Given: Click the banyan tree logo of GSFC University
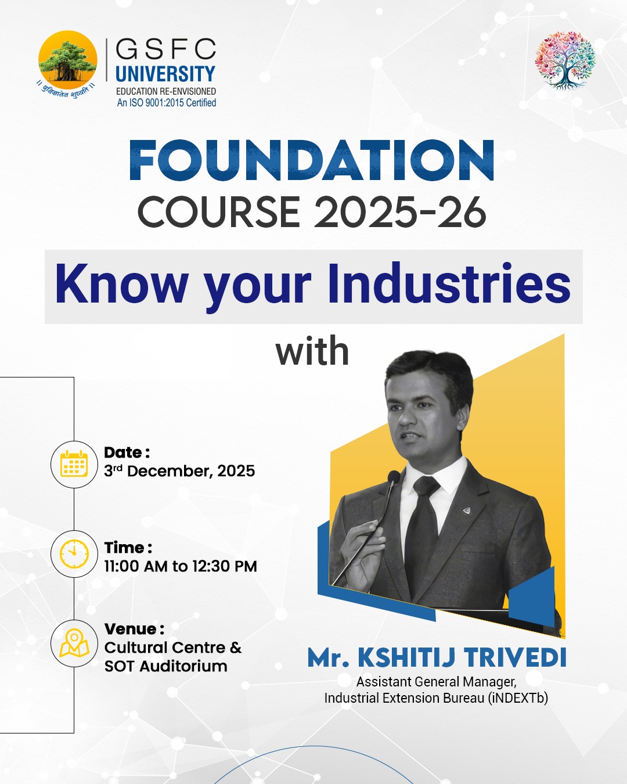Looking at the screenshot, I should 67,60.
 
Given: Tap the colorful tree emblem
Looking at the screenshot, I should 565,60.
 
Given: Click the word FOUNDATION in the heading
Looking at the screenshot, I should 312,161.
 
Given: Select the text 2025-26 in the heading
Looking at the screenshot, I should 400,211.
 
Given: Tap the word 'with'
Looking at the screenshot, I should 312,352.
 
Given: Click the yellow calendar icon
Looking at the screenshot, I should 74,464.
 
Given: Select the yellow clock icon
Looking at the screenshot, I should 74,553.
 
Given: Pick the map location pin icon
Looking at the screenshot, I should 74,643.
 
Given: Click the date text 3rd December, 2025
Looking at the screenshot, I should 179,471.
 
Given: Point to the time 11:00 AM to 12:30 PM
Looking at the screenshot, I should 181,566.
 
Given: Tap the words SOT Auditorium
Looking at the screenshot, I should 166,666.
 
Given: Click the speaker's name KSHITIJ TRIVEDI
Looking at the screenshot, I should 462,658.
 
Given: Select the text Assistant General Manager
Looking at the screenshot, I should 436,682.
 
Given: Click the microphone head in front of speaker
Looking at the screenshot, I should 394,477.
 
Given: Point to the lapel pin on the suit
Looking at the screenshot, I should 466,510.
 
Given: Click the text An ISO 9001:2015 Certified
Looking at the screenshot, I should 167,103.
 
